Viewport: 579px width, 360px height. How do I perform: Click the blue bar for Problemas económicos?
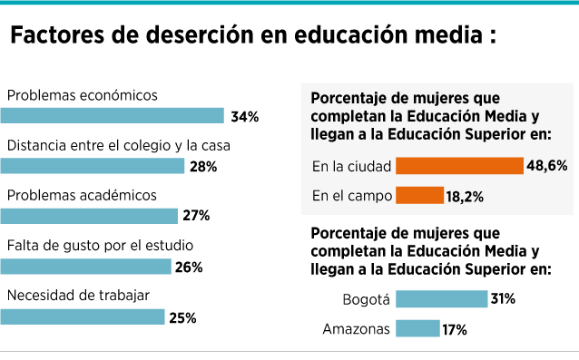113,115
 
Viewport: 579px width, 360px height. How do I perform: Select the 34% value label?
245,117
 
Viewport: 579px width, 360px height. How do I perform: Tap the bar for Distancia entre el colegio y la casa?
93,166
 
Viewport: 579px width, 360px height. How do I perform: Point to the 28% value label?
203,167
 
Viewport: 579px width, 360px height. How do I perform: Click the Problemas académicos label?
82,195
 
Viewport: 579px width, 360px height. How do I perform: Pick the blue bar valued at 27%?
89,216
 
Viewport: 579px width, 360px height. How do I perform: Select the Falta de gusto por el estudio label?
100,246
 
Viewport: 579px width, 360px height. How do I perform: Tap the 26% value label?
189,268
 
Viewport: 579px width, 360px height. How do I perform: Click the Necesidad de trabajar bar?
83,316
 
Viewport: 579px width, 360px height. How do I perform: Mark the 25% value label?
182,318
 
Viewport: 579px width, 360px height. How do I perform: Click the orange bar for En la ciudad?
460,166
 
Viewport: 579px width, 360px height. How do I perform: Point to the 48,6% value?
547,166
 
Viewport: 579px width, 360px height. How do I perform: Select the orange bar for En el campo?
420,195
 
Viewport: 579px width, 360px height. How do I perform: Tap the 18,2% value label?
465,197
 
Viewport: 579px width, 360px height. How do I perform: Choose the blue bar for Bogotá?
442,298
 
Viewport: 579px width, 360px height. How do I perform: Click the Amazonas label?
357,328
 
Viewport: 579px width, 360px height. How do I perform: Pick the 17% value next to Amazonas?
455,329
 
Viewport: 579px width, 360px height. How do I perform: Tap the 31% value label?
503,298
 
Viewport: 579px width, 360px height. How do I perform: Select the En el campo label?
352,196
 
